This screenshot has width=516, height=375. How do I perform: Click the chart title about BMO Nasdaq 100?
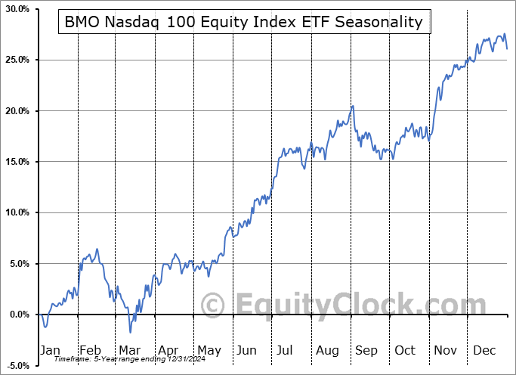click(x=244, y=22)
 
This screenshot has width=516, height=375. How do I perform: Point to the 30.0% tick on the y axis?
click(x=17, y=9)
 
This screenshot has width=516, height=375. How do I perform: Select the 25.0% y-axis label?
click(x=17, y=60)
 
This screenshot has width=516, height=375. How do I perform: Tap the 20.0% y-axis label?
click(x=17, y=111)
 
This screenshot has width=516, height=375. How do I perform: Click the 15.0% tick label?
click(x=17, y=162)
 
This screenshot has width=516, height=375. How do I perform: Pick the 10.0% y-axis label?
click(x=17, y=212)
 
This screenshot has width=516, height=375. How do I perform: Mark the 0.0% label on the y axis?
click(x=18, y=315)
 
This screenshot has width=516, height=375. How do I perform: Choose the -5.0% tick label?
click(x=17, y=365)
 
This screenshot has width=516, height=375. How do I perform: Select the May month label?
click(x=209, y=352)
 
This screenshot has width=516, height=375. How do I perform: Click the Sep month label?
click(x=366, y=352)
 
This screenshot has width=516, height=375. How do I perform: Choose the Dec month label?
click(x=484, y=352)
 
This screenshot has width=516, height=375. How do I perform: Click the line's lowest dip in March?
click(x=130, y=332)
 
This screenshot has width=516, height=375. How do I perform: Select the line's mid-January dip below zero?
click(x=45, y=327)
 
